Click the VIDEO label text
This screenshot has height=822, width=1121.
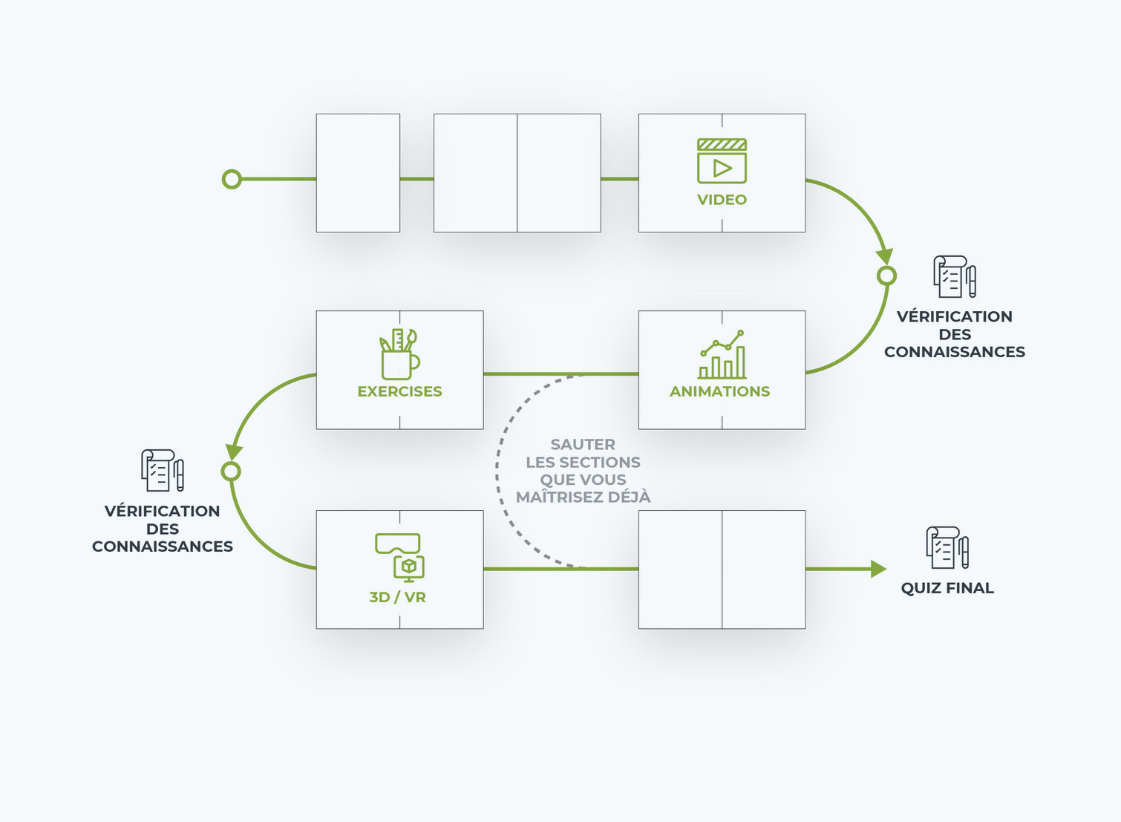click(722, 200)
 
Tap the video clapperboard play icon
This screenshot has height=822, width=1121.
click(722, 161)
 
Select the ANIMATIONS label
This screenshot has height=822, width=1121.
click(719, 391)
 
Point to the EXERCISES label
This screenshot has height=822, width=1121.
click(399, 391)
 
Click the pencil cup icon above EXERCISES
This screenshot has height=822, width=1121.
click(399, 355)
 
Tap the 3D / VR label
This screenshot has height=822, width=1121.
click(398, 597)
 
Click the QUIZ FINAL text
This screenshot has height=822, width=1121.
click(947, 588)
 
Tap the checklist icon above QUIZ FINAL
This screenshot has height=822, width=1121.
click(947, 548)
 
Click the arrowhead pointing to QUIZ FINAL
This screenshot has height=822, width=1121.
click(878, 569)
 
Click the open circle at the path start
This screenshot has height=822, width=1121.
click(232, 179)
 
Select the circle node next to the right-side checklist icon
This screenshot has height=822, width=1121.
click(886, 276)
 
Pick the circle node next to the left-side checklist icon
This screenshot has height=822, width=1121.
click(231, 472)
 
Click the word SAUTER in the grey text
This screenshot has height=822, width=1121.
click(583, 445)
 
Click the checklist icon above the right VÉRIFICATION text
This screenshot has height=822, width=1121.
click(955, 277)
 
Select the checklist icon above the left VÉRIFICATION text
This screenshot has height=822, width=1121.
click(163, 470)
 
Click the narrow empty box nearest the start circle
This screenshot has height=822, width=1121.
click(358, 173)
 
